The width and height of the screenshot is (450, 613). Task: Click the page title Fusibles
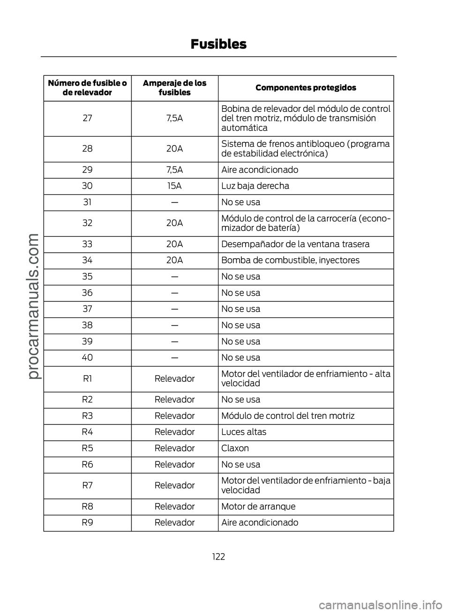click(x=218, y=44)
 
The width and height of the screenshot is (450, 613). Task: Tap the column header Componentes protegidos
click(x=306, y=88)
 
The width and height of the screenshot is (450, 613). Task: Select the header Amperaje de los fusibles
click(x=174, y=88)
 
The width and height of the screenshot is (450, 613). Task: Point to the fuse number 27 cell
click(x=87, y=118)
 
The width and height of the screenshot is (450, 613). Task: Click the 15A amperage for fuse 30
click(x=174, y=186)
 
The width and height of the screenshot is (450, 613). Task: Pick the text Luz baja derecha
click(x=255, y=186)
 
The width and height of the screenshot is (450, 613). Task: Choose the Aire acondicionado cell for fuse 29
click(x=260, y=169)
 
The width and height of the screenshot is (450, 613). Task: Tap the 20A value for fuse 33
click(x=174, y=244)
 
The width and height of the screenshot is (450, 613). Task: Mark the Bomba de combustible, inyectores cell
click(x=290, y=260)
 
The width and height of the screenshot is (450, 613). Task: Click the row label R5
click(x=87, y=448)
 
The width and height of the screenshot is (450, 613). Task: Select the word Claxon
click(x=235, y=448)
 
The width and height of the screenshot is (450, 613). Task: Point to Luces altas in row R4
click(x=244, y=432)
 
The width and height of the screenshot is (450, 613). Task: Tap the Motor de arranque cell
click(x=258, y=506)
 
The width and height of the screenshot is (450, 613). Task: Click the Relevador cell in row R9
click(x=174, y=522)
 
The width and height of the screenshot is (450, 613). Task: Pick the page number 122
click(x=218, y=556)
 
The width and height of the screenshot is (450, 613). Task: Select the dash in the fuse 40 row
click(x=174, y=358)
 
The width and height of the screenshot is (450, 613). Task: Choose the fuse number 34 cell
click(x=87, y=260)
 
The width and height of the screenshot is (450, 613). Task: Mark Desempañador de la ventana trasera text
click(x=295, y=244)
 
